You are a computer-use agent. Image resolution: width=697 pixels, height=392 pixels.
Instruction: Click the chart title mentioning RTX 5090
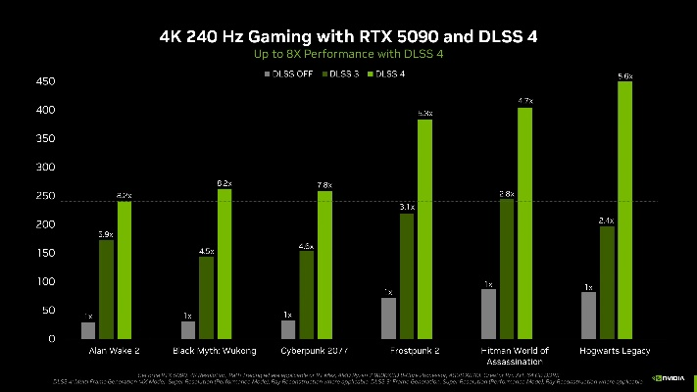pyautogui.click(x=348, y=36)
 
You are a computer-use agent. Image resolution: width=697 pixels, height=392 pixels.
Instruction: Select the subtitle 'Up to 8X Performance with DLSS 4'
pyautogui.click(x=348, y=55)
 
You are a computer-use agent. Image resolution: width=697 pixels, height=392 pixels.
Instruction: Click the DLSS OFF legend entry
pyautogui.click(x=290, y=73)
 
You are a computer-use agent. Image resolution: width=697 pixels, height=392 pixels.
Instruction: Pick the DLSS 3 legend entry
pyautogui.click(x=341, y=73)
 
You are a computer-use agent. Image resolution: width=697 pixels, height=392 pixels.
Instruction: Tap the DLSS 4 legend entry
pyautogui.click(x=388, y=73)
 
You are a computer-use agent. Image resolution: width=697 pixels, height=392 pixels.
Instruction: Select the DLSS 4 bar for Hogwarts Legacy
pyautogui.click(x=624, y=210)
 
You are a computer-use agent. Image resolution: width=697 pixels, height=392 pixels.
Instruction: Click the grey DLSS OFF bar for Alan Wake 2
pyautogui.click(x=88, y=330)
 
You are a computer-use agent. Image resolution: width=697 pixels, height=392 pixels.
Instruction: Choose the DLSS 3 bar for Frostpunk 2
pyautogui.click(x=407, y=275)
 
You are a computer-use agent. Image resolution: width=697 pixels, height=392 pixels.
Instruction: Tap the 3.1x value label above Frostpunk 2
pyautogui.click(x=407, y=207)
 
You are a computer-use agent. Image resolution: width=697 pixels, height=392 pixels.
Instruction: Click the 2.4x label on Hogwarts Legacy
pyautogui.click(x=607, y=220)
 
